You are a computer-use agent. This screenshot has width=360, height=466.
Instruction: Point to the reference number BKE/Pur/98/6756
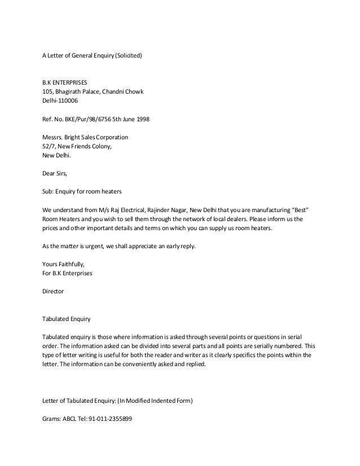[x=89, y=119]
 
